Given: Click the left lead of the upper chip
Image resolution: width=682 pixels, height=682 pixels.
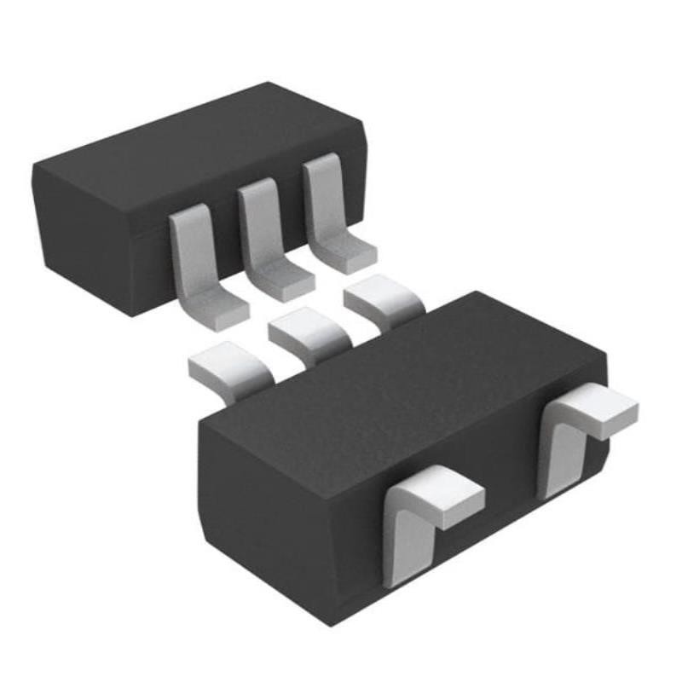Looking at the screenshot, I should click(198, 264).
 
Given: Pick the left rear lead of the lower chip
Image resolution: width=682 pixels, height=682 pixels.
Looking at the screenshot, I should click(226, 367).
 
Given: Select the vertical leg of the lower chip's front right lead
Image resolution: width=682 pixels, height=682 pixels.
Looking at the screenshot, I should click(558, 452).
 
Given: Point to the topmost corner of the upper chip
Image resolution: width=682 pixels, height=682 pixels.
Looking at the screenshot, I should click(269, 83).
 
